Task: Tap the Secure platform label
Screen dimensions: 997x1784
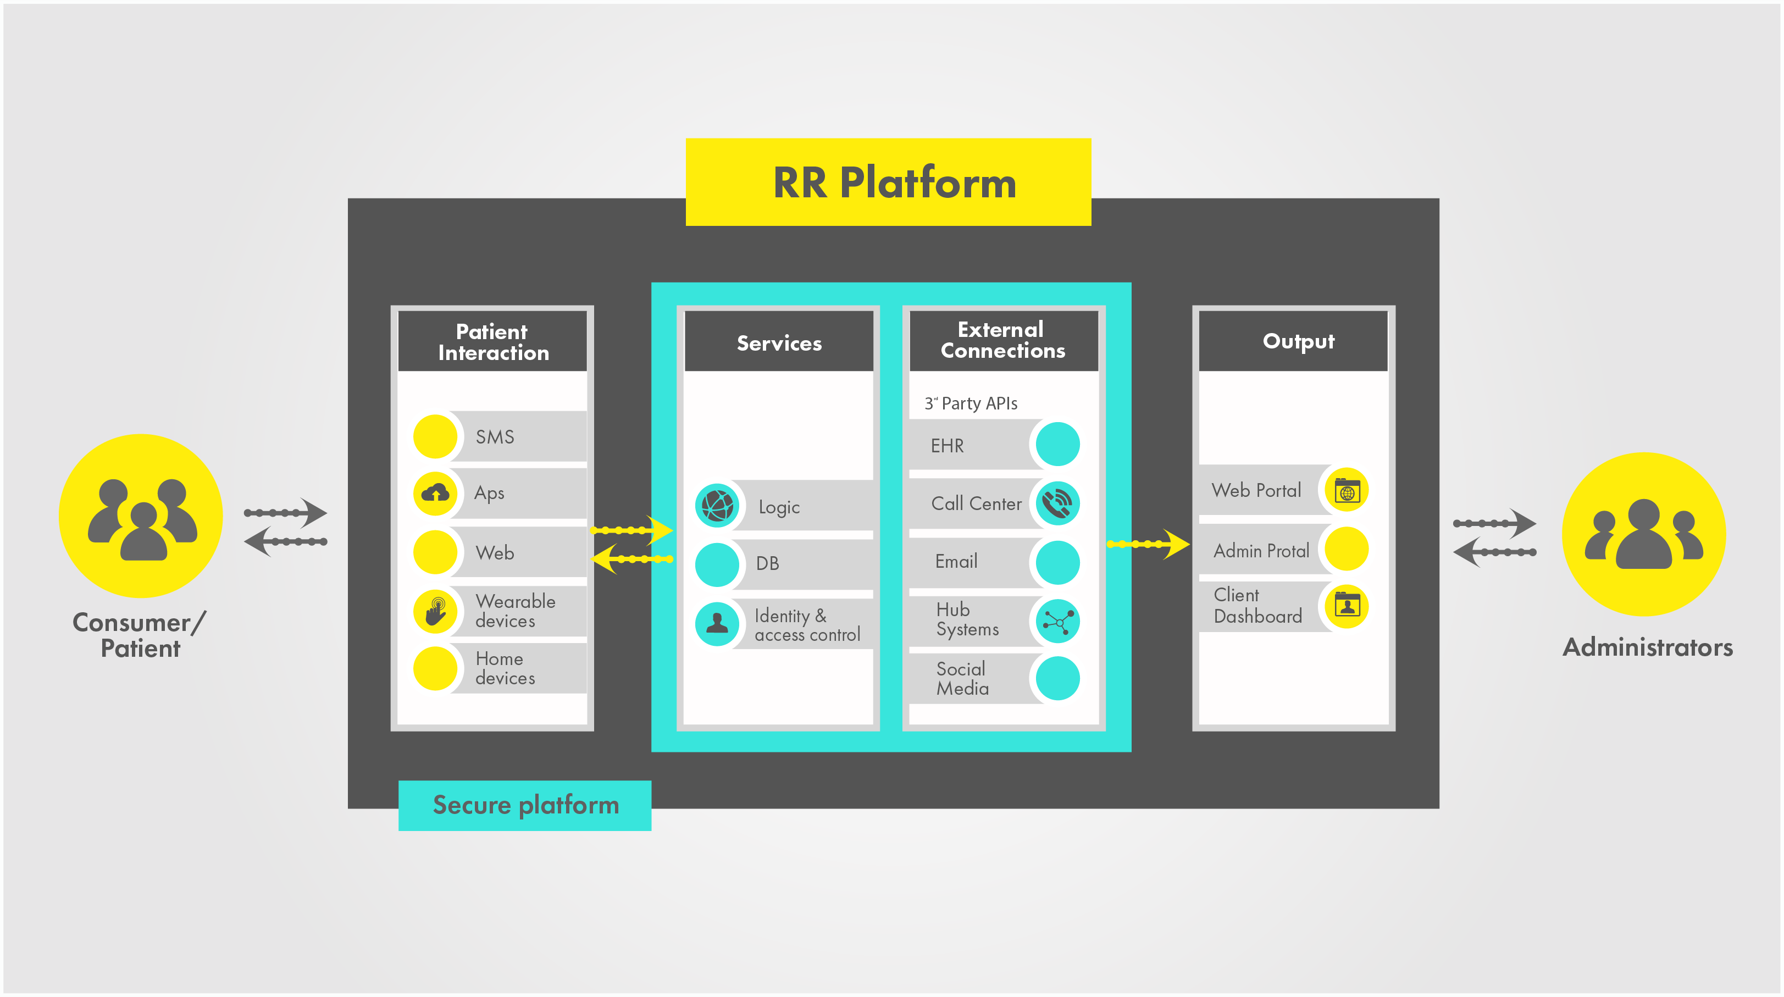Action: pyautogui.click(x=525, y=805)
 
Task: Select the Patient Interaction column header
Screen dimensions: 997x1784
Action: pyautogui.click(x=492, y=341)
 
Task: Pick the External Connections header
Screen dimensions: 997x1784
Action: pyautogui.click(x=1003, y=340)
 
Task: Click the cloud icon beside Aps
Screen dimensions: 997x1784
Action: pyautogui.click(x=435, y=493)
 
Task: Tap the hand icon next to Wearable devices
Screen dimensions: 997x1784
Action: pyautogui.click(x=435, y=611)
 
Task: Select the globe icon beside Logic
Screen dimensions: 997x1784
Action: pyautogui.click(x=717, y=506)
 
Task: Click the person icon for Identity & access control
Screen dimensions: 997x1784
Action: pyautogui.click(x=717, y=624)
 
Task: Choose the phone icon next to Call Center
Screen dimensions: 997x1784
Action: pyautogui.click(x=1057, y=503)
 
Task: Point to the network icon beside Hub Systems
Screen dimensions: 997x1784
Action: pyautogui.click(x=1057, y=621)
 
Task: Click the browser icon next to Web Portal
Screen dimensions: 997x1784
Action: pyautogui.click(x=1347, y=491)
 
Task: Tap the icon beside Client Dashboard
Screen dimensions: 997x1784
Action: pyautogui.click(x=1347, y=606)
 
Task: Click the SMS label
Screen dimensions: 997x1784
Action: pyautogui.click(x=495, y=437)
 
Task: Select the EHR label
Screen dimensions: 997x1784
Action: pyautogui.click(x=947, y=446)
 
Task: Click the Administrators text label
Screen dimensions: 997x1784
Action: pyautogui.click(x=1648, y=647)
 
